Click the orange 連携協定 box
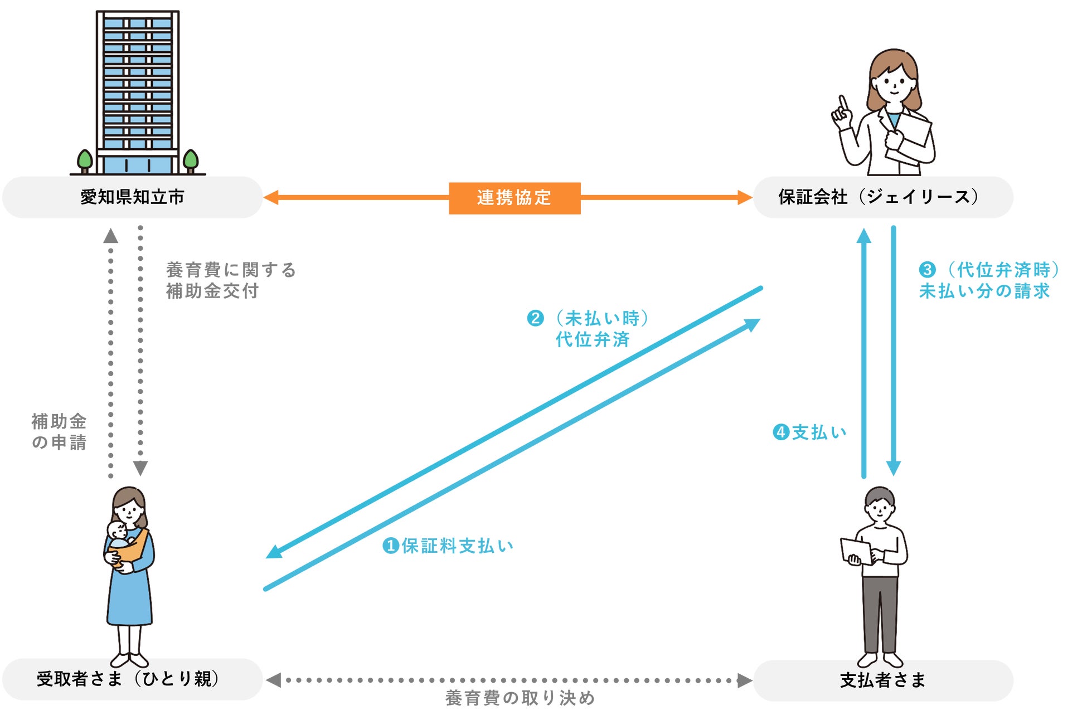[x=514, y=198]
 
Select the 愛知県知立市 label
[x=132, y=197]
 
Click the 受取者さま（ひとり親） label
[x=128, y=679]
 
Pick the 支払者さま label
[x=882, y=680]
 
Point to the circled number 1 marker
[x=390, y=546]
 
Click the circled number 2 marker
[x=535, y=318]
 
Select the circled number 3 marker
[x=926, y=270]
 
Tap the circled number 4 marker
[x=780, y=432]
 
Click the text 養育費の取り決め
[x=520, y=698]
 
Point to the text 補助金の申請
[x=59, y=431]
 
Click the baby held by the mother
[x=119, y=535]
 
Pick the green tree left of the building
[x=85, y=160]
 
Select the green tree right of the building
[x=191, y=160]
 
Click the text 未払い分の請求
[x=984, y=291]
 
